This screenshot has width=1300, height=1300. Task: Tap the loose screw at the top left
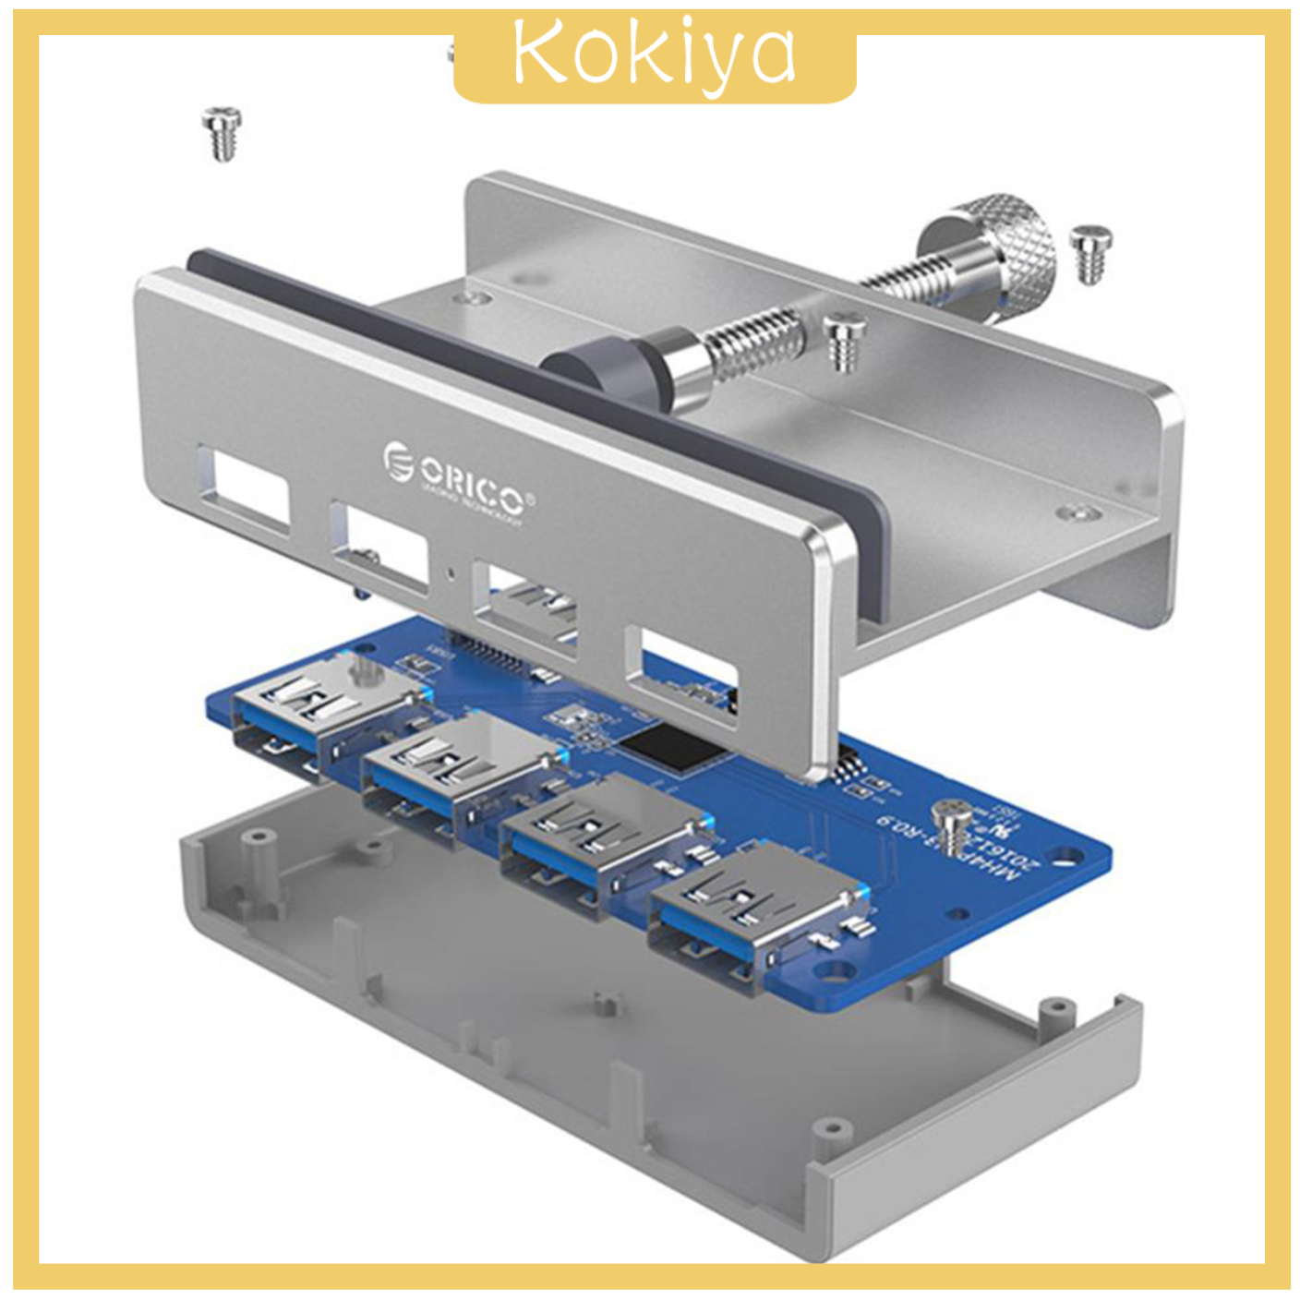[222, 133]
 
